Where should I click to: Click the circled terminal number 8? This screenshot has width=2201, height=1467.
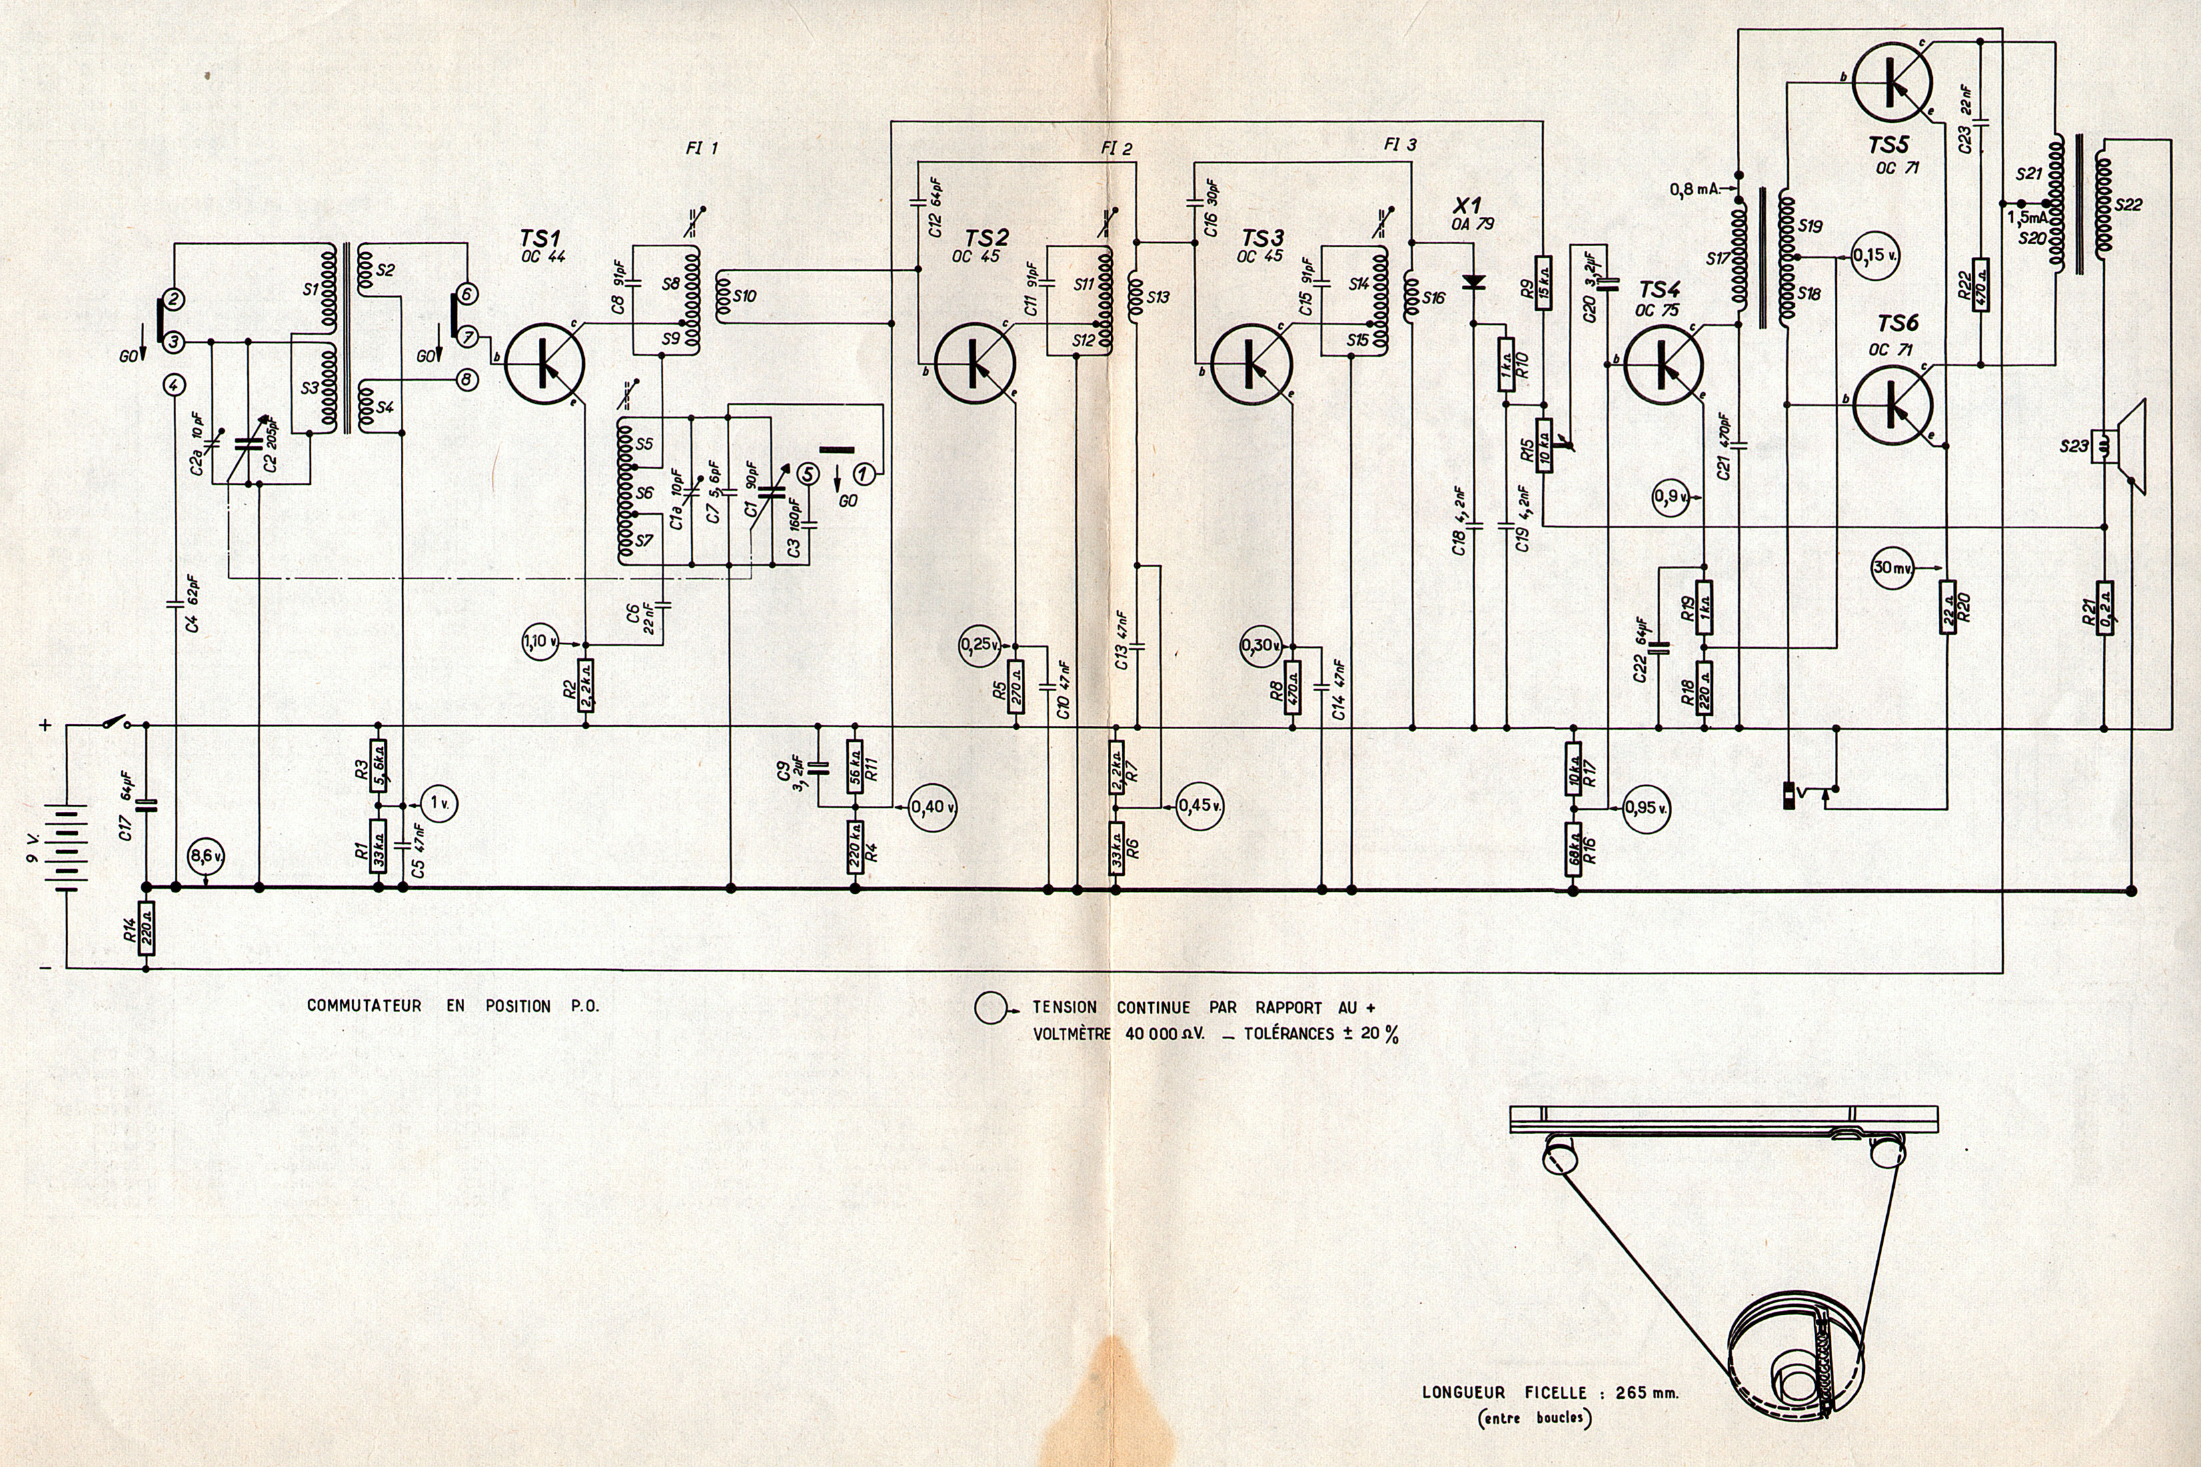coord(466,379)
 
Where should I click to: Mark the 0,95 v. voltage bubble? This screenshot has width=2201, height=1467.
coord(1645,807)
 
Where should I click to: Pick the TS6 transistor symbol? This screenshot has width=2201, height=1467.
coord(1890,404)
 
